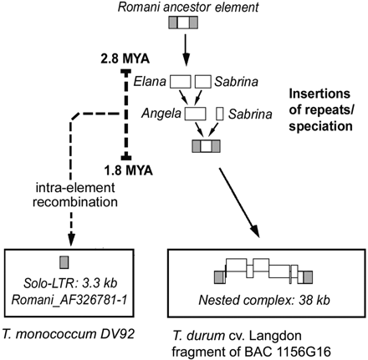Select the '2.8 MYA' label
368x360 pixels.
pos(119,59)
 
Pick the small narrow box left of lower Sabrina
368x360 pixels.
pos(220,113)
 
